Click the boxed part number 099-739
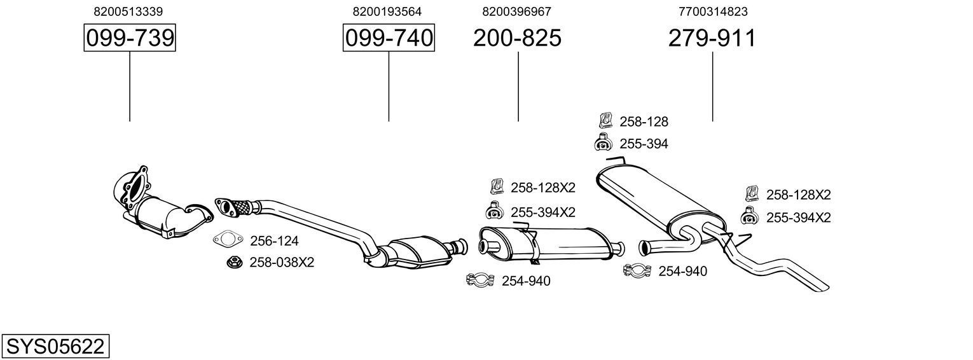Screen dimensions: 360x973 130,38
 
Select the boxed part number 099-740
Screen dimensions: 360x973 389,38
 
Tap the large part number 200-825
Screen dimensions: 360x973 517,38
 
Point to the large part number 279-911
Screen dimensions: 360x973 712,38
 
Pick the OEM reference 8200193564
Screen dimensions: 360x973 387,11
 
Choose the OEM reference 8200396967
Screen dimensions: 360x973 517,11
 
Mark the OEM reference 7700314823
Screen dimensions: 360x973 713,11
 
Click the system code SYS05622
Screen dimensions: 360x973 55,347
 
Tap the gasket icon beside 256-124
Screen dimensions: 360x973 228,240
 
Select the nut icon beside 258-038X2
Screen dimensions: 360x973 233,261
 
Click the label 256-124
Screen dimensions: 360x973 274,241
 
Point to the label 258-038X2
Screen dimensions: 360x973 282,262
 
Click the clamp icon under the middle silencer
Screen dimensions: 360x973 481,280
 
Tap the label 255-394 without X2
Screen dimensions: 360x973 644,144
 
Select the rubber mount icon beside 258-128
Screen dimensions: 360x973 605,120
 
